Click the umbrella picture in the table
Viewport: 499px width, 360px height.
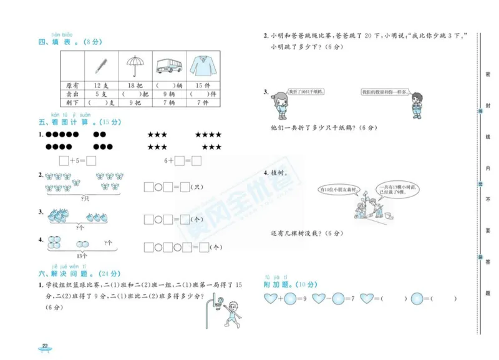point(132,65)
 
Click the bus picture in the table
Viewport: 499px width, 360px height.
point(167,66)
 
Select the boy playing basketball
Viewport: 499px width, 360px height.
point(230,312)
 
